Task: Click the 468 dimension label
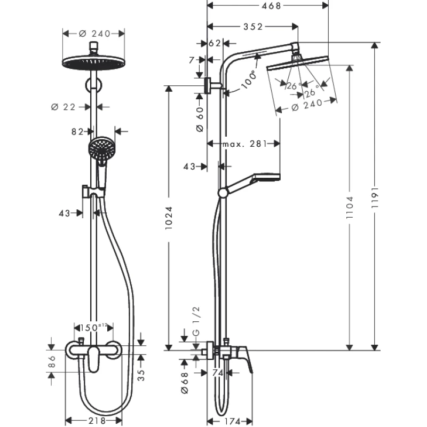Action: (267, 5)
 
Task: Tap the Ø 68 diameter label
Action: (185, 383)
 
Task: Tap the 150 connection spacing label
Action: (94, 326)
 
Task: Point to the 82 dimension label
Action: (78, 131)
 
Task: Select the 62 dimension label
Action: (215, 43)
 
